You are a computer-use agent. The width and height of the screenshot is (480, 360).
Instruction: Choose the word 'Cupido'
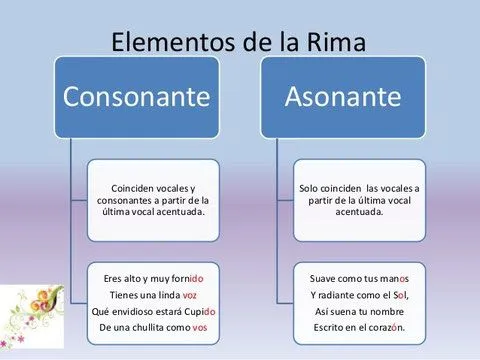click(198, 312)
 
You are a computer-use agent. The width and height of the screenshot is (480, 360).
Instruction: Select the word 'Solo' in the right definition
click(311, 188)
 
